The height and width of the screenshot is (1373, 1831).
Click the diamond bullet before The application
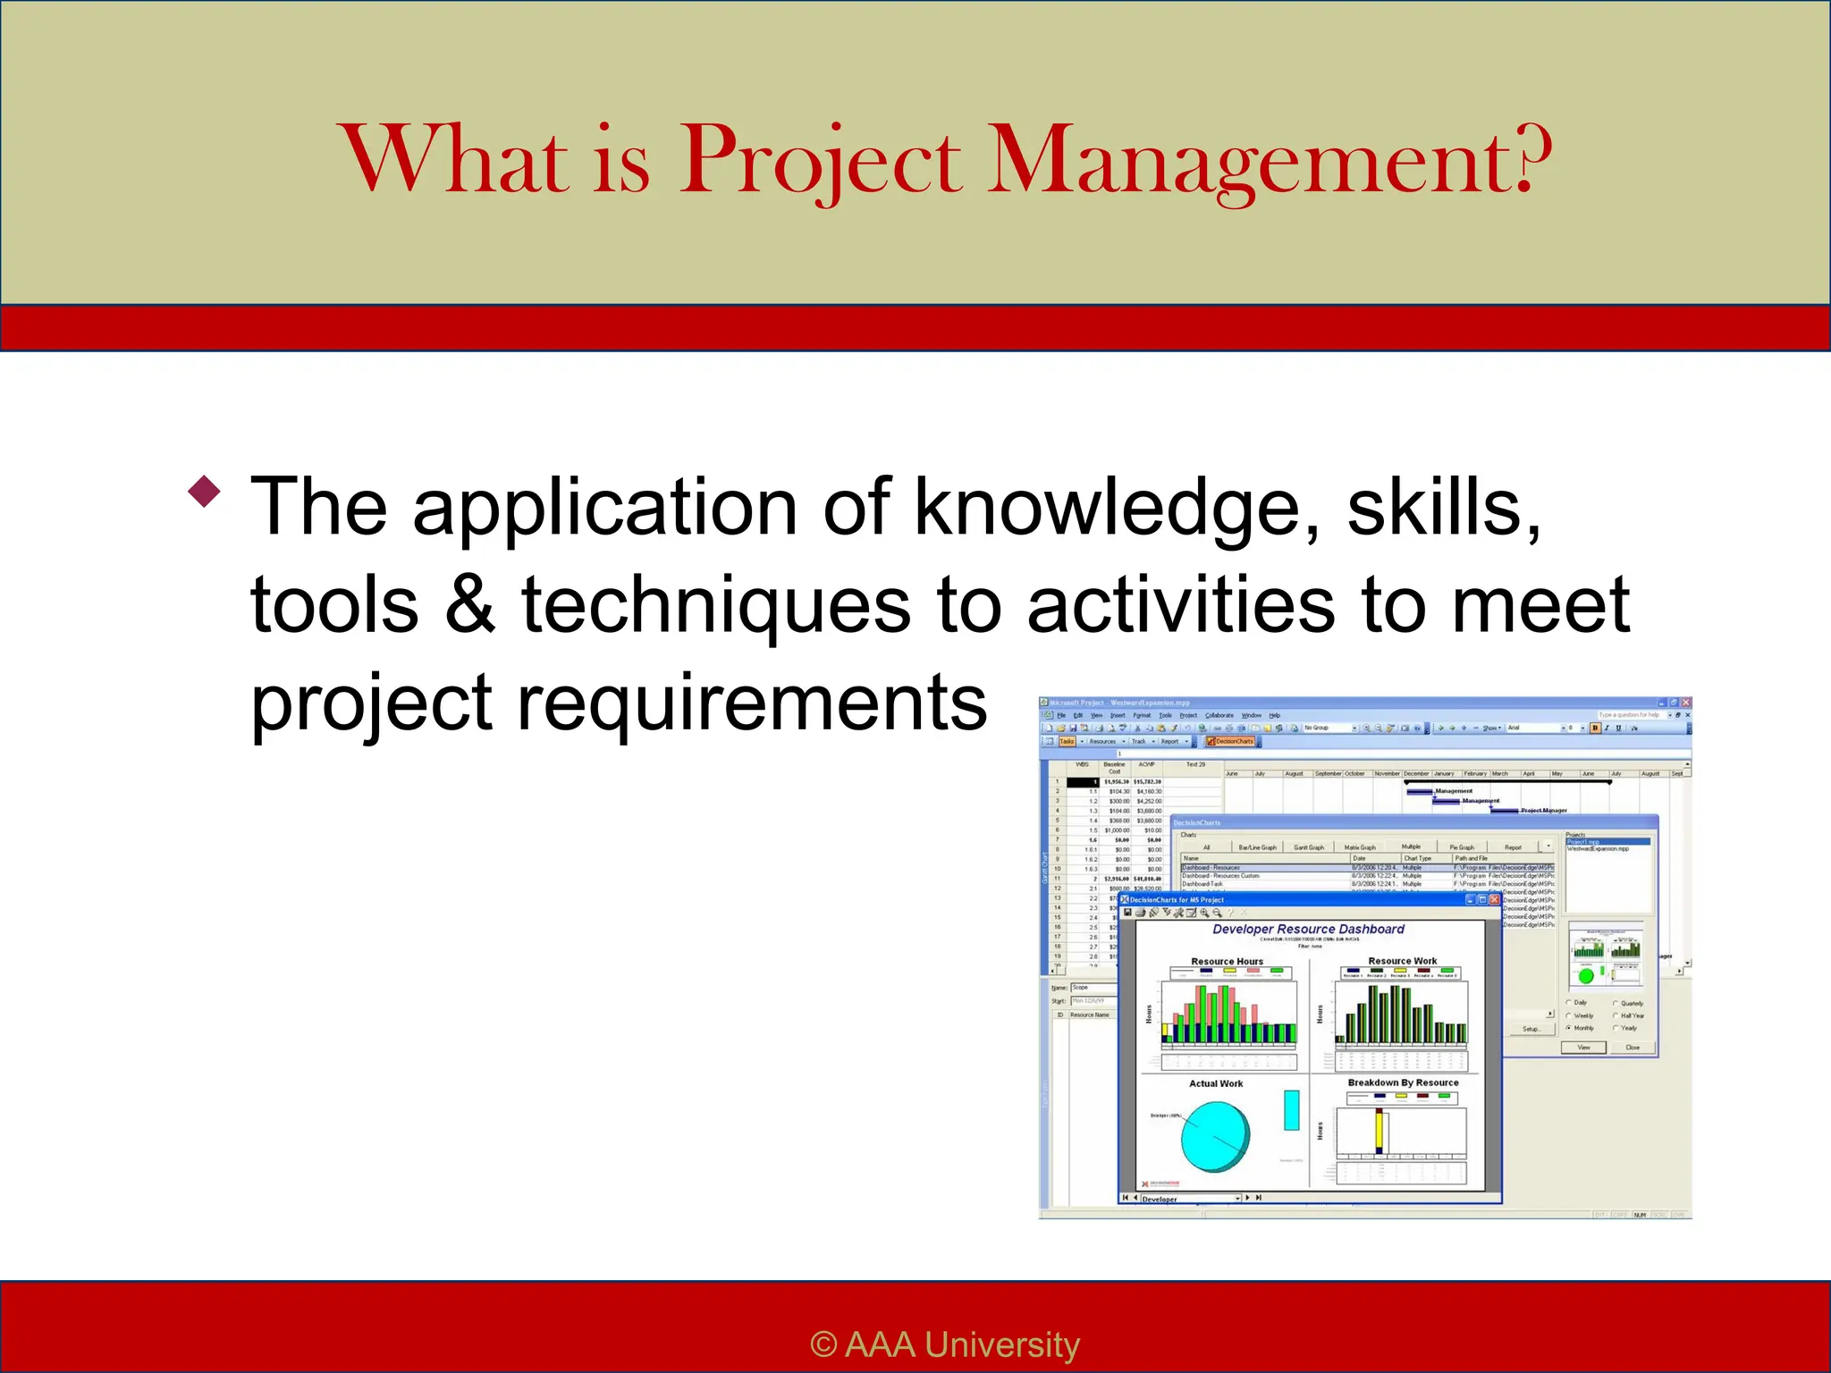coord(205,491)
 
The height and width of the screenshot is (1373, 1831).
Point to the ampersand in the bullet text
coord(470,604)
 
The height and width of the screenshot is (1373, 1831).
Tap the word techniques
coord(716,604)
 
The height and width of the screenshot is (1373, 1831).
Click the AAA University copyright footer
coord(945,1344)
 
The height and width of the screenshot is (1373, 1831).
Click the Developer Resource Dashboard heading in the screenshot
coord(1308,930)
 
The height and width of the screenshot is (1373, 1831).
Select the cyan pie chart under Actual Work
coord(1215,1136)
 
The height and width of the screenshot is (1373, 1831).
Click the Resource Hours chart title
coord(1227,962)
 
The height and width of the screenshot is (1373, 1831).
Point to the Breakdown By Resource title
coord(1403,1082)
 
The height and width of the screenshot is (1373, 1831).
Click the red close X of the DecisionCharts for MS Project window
coord(1494,900)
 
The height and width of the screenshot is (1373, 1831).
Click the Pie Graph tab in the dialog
coord(1462,847)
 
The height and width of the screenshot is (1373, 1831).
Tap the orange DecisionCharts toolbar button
coord(1230,741)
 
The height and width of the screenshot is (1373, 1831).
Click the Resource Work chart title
coord(1402,961)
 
